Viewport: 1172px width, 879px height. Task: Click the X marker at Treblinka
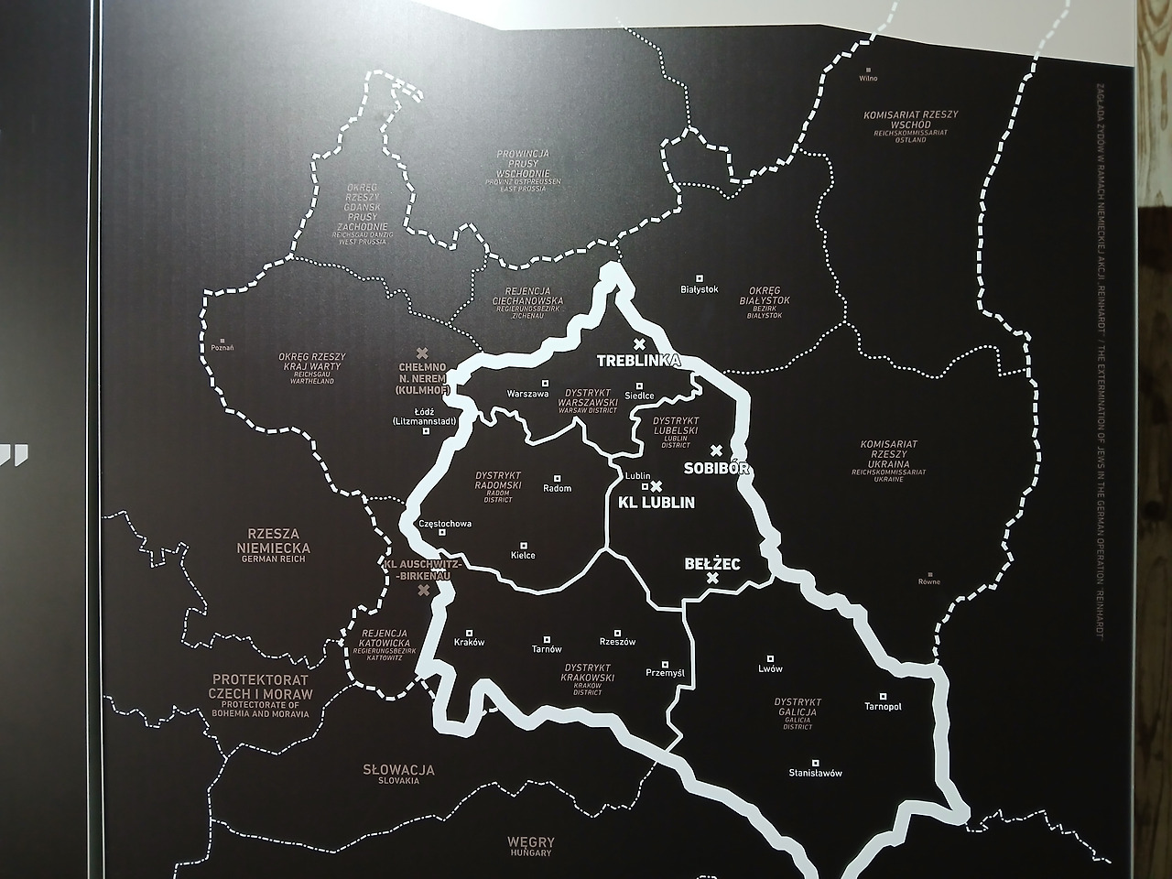639,343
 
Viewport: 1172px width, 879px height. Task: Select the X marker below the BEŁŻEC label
712,579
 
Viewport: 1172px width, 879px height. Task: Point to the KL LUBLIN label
657,503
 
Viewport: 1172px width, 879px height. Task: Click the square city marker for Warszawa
545,383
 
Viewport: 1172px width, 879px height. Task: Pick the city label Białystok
700,289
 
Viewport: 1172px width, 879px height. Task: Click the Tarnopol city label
883,707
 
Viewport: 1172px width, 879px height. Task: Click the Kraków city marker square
469,631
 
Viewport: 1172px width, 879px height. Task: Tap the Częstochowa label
444,524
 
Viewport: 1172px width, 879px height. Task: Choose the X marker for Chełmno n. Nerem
422,353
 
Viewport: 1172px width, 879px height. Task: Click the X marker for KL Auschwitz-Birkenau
423,590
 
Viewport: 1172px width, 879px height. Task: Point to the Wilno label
868,79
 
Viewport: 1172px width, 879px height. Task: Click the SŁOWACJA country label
399,770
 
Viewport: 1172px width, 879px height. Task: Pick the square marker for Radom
558,478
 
